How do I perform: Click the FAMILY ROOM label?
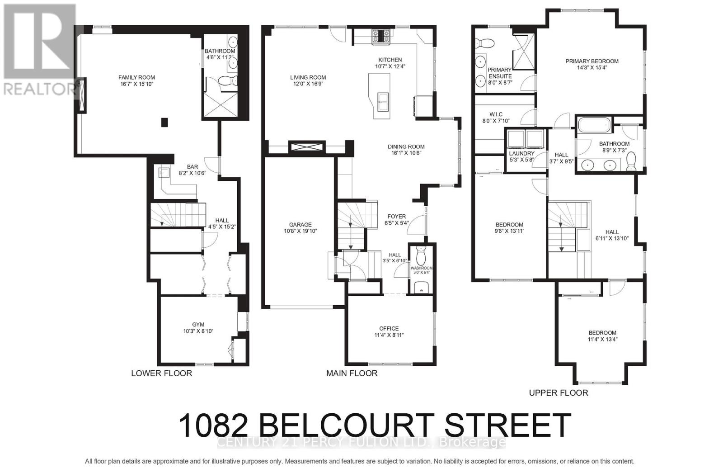click(x=136, y=77)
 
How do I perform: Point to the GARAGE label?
click(x=300, y=225)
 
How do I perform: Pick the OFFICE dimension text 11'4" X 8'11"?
click(x=389, y=336)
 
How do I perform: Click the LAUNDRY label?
click(x=522, y=154)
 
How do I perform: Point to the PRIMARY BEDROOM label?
click(x=592, y=61)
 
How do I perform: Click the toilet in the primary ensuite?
click(x=485, y=43)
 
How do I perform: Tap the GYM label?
click(x=198, y=325)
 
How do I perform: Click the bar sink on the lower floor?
click(x=164, y=172)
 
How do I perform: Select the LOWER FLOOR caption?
click(x=161, y=373)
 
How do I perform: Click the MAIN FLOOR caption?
click(x=352, y=373)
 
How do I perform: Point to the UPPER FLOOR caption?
click(x=559, y=393)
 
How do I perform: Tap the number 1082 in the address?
click(x=213, y=425)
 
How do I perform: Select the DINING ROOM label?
click(x=406, y=147)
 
